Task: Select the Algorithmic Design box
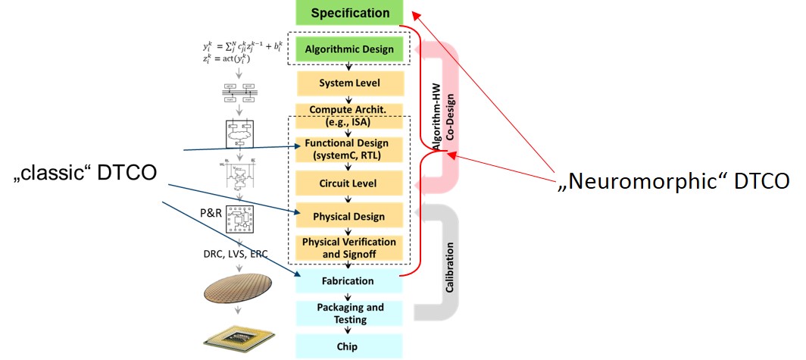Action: (349, 50)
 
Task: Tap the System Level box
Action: (349, 83)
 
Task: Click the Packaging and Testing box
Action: (349, 313)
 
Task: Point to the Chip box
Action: (349, 346)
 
